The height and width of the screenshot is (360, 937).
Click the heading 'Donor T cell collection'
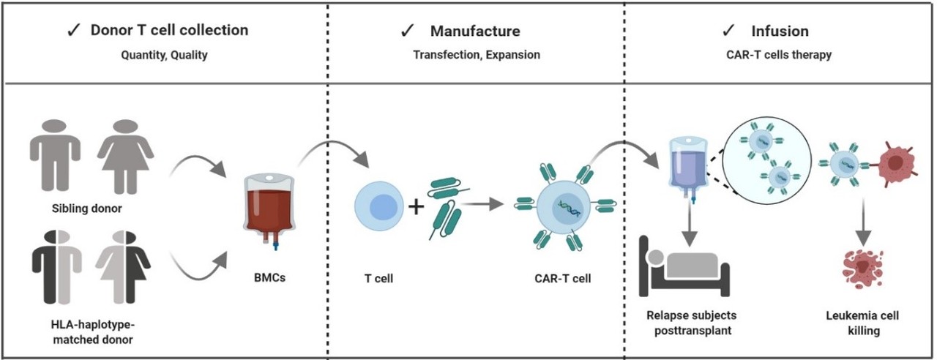(x=169, y=30)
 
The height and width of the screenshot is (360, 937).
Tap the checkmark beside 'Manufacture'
(x=408, y=31)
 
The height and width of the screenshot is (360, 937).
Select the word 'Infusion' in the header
(x=780, y=31)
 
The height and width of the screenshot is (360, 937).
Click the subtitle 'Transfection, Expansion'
(x=476, y=54)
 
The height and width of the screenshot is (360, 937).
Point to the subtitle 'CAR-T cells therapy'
(x=780, y=54)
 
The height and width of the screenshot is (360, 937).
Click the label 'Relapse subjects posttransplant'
(x=691, y=323)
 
